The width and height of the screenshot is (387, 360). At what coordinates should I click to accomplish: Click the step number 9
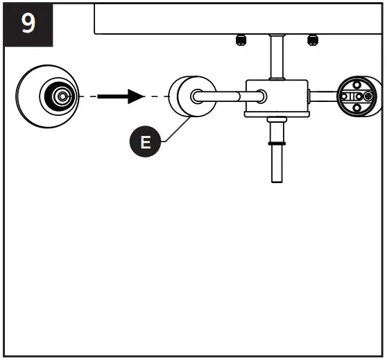point(28,25)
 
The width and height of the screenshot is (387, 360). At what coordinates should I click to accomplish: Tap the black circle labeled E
point(146,143)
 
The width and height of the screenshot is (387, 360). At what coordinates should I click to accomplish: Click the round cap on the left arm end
point(183,98)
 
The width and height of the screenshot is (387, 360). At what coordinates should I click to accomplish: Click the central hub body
point(276,96)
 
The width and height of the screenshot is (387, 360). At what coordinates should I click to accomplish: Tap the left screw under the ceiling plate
point(240,39)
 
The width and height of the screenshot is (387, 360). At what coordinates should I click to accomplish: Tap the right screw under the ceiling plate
point(312,39)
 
